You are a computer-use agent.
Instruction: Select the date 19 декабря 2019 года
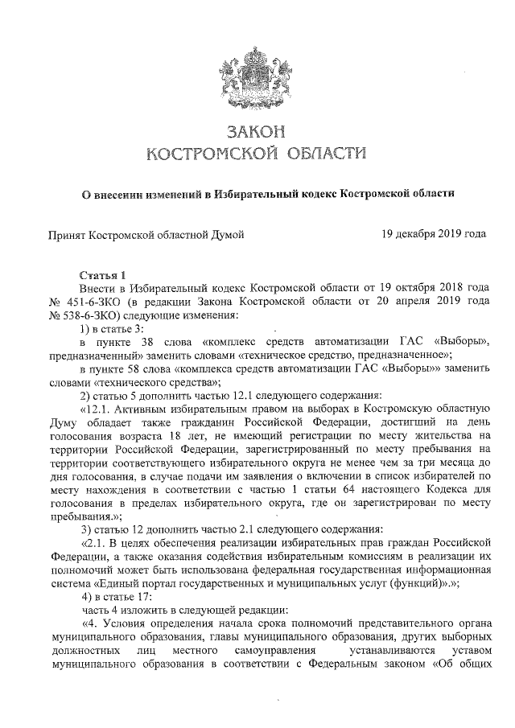pos(435,234)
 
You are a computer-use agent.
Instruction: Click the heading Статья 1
pos(102,275)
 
